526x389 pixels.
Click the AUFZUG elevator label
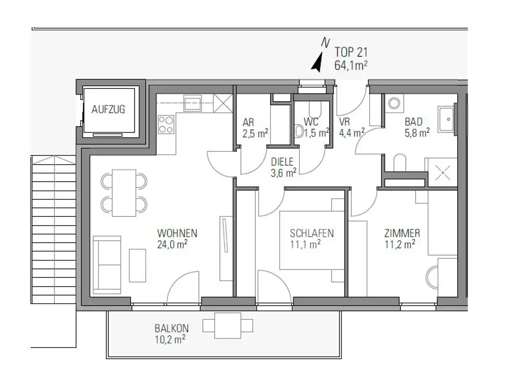(108, 109)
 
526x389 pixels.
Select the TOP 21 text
(351, 52)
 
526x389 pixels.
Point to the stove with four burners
(165, 124)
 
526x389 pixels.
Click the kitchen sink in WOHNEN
(193, 103)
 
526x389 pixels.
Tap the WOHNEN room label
(177, 234)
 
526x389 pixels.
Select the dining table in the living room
(124, 192)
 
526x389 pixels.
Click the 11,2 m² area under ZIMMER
(400, 245)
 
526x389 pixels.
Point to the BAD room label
(414, 122)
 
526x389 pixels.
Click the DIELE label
(284, 162)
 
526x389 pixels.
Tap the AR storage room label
(248, 123)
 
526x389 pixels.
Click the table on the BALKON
(228, 325)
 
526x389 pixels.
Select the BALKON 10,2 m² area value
(170, 339)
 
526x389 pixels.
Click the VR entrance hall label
(344, 122)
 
